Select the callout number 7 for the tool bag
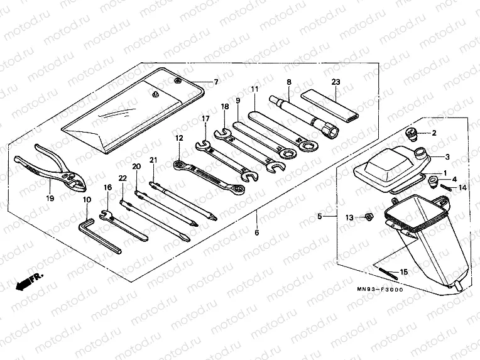[x=215, y=82]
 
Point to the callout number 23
[x=335, y=82]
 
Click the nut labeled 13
[x=369, y=217]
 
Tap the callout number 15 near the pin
[x=403, y=271]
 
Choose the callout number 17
[x=205, y=118]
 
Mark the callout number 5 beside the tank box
[x=320, y=217]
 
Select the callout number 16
[x=107, y=187]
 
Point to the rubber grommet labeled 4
[x=434, y=182]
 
